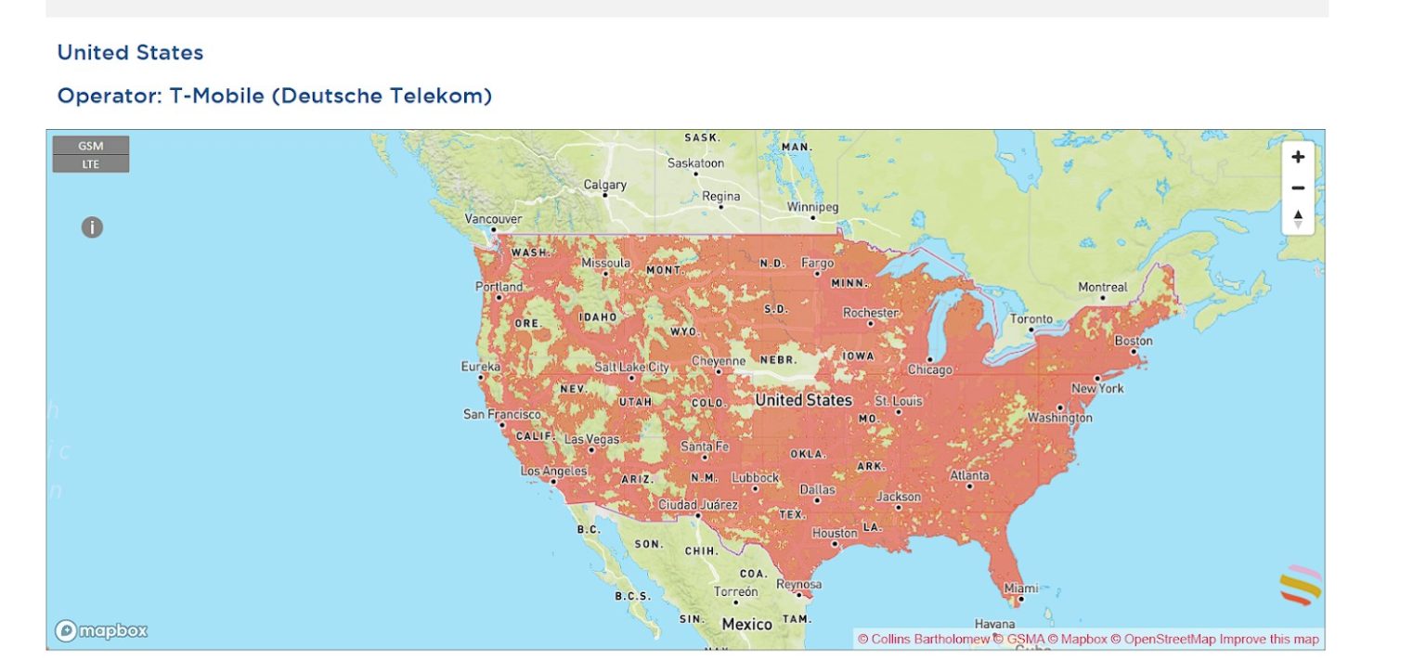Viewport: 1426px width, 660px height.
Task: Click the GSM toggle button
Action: [91, 146]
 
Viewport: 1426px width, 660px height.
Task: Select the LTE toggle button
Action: [91, 164]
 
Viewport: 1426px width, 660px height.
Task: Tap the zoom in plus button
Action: [1298, 157]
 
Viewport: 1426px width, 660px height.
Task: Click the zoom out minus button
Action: [1298, 188]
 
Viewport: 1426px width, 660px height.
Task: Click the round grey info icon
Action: [92, 226]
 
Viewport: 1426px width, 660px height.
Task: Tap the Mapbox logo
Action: [101, 631]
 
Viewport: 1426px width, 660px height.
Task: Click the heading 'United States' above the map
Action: [130, 53]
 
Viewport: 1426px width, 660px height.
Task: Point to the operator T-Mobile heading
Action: [275, 96]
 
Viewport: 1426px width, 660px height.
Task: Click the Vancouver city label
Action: [493, 219]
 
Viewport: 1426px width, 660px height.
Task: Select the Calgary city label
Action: [604, 186]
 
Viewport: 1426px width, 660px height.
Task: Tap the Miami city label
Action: [1020, 589]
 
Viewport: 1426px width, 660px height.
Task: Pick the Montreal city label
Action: [1102, 288]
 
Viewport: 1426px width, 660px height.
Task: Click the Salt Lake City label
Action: [631, 368]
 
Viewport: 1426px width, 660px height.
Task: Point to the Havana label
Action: [994, 624]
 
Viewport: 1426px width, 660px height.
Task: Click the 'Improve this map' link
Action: [1269, 640]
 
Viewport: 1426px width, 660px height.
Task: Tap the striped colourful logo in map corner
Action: [1300, 585]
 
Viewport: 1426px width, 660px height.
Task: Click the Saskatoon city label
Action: [695, 163]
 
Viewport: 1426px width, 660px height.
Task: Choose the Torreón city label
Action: [736, 591]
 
